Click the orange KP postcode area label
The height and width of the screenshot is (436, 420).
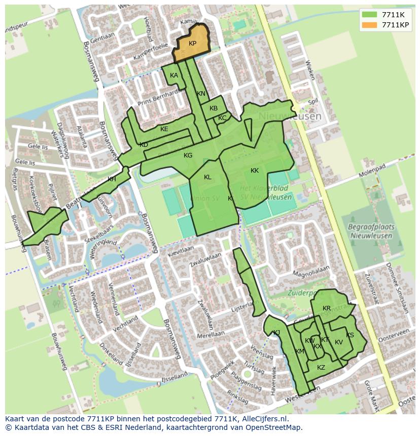pos(192,44)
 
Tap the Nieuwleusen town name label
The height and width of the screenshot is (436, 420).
pos(290,116)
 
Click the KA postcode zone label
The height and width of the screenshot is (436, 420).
pos(174,75)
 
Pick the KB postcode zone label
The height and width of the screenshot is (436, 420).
pos(214,108)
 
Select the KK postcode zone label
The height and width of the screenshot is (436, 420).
pos(255,171)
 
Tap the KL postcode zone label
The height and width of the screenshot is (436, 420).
pos(207,177)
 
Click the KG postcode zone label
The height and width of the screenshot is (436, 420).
pos(188,155)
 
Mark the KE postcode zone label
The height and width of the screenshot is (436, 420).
pos(164,129)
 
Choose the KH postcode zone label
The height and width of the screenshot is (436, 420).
pos(112,179)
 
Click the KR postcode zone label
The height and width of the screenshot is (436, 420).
pos(327,308)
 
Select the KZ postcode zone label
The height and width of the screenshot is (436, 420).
pos(321,368)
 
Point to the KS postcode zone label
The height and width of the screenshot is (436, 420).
pos(350,335)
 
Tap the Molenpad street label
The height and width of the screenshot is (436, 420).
pos(372,169)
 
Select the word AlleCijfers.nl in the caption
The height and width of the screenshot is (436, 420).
pos(264,419)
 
